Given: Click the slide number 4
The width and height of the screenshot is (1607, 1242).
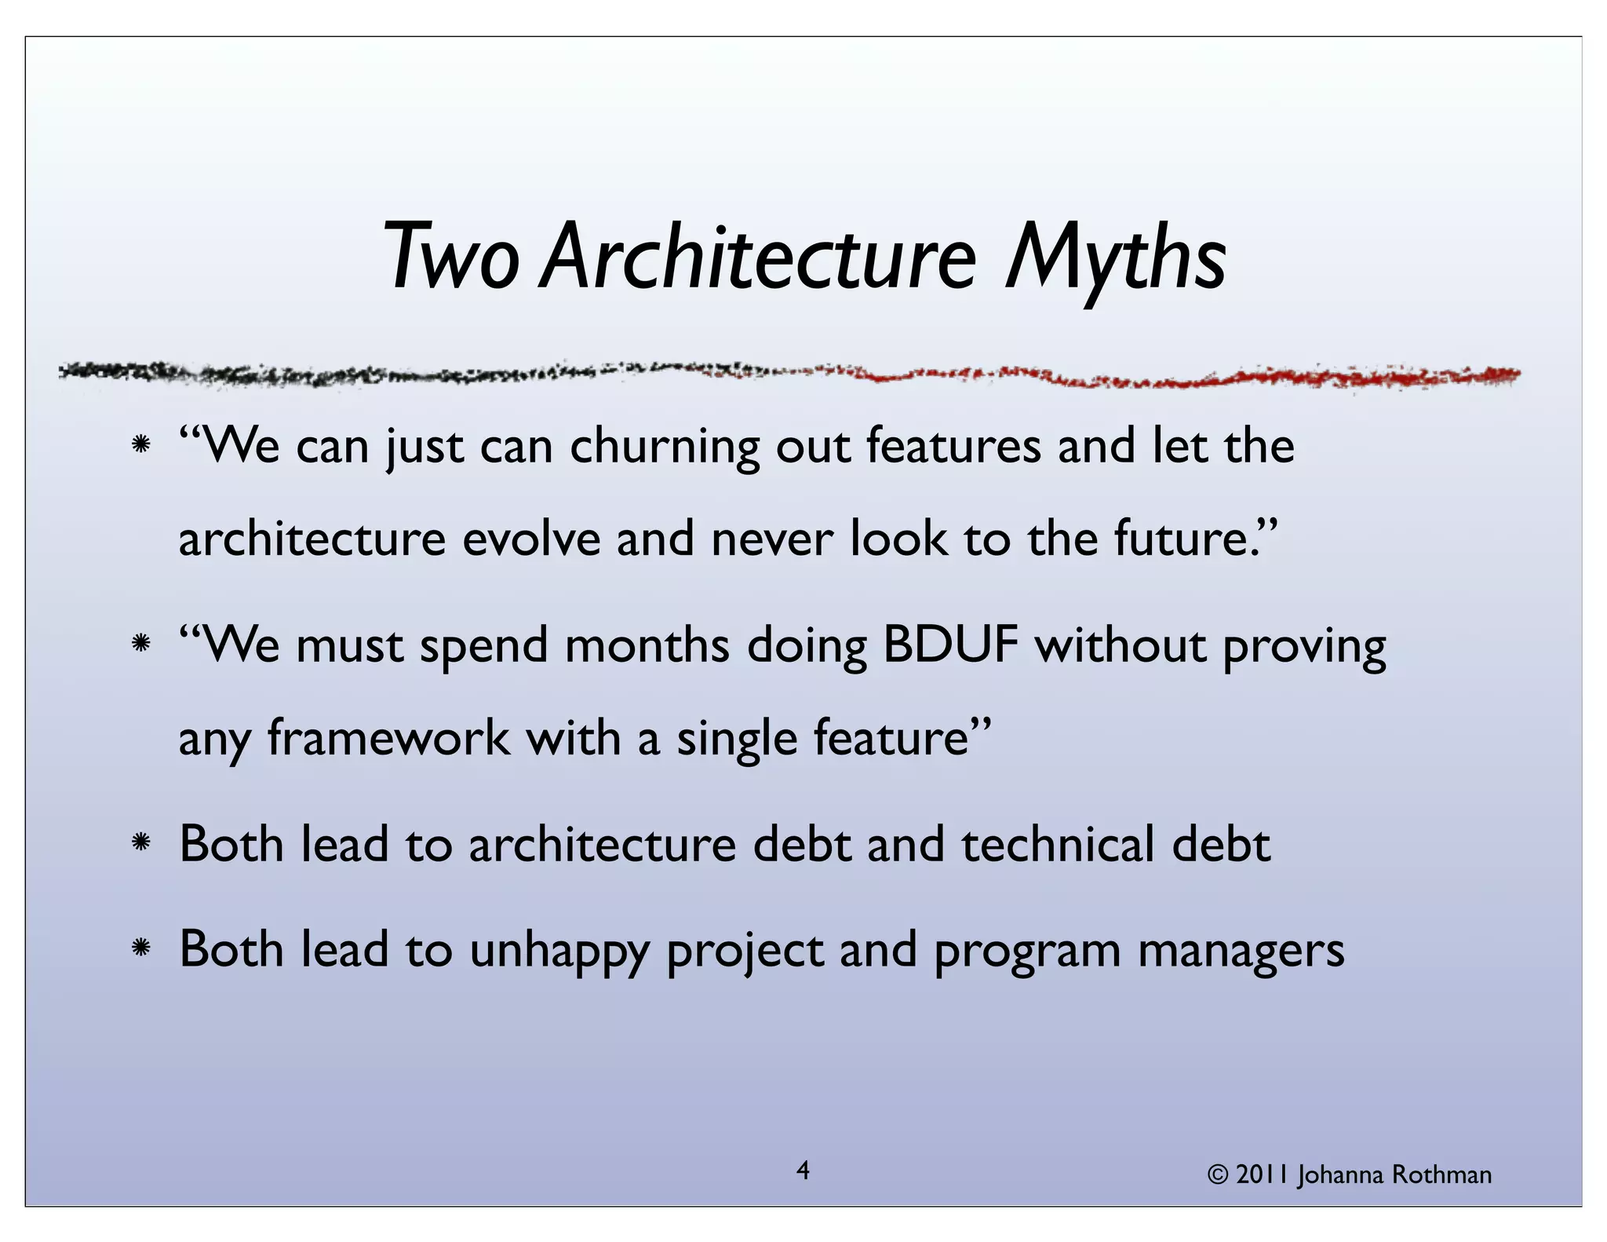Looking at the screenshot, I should (803, 1171).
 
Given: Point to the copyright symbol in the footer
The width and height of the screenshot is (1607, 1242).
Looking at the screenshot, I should (1217, 1175).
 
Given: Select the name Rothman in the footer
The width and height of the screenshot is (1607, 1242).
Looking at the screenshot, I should (1441, 1175).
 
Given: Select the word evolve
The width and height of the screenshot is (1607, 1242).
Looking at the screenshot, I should (531, 539).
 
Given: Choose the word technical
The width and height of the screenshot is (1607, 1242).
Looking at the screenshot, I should (1058, 845).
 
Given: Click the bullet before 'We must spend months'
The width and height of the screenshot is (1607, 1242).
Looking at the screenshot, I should (141, 645).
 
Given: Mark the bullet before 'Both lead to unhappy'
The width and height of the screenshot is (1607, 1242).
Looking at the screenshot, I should (141, 949).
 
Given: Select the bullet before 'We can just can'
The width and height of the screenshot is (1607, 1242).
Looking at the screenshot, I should (141, 445).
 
